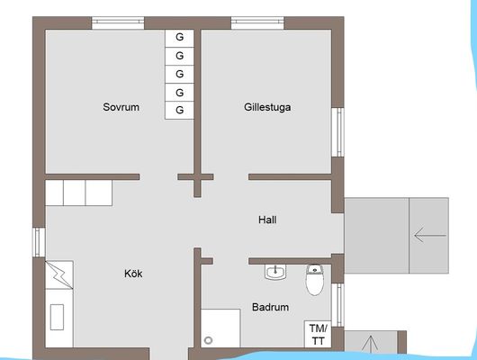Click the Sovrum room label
121,107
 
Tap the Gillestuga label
267,107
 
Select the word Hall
267,220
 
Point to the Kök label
133,274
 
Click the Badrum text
270,307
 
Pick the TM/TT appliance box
318,334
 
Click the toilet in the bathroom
315,280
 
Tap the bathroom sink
275,272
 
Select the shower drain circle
208,340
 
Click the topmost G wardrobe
179,39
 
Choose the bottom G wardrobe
179,110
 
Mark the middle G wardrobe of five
179,75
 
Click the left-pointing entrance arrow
430,235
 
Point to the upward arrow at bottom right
371,344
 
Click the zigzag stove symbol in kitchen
59,274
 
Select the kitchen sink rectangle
57,317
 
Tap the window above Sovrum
118,23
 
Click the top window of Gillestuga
257,23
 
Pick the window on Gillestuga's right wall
337,132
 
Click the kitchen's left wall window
39,242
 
